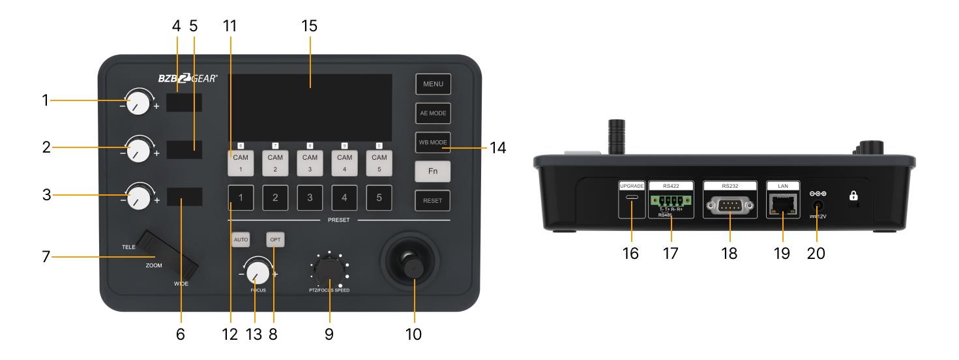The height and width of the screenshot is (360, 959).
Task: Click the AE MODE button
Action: pos(433,113)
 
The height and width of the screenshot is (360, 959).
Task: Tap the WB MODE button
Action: pos(433,142)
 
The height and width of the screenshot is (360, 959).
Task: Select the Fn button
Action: pos(433,171)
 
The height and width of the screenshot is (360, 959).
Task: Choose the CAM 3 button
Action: pos(310,163)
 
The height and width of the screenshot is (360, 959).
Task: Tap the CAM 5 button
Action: pos(379,163)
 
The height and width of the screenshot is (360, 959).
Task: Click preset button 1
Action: pos(241,198)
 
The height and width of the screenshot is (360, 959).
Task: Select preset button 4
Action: pos(345,198)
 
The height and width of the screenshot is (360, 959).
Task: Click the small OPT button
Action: pos(275,240)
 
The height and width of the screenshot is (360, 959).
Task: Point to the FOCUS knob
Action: pos(258,272)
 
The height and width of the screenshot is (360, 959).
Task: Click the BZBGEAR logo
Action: pos(188,78)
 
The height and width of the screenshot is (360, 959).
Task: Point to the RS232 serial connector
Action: pos(730,207)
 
